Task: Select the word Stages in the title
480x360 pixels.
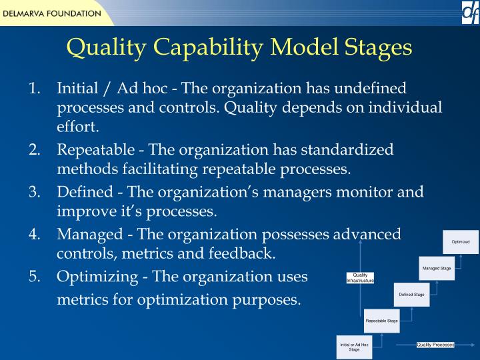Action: (377, 47)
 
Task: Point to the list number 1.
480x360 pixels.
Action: (35, 89)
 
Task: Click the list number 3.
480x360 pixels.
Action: (35, 193)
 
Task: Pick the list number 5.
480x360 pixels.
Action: (35, 277)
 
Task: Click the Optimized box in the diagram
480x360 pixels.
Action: (461, 242)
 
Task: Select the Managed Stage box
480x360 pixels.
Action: (437, 268)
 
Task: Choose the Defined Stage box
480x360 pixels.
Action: (411, 294)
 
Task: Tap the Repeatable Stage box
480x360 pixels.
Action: (382, 321)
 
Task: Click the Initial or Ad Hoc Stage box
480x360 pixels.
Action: (354, 347)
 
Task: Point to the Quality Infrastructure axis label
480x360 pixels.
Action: (360, 278)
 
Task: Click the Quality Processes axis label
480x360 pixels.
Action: (435, 345)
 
